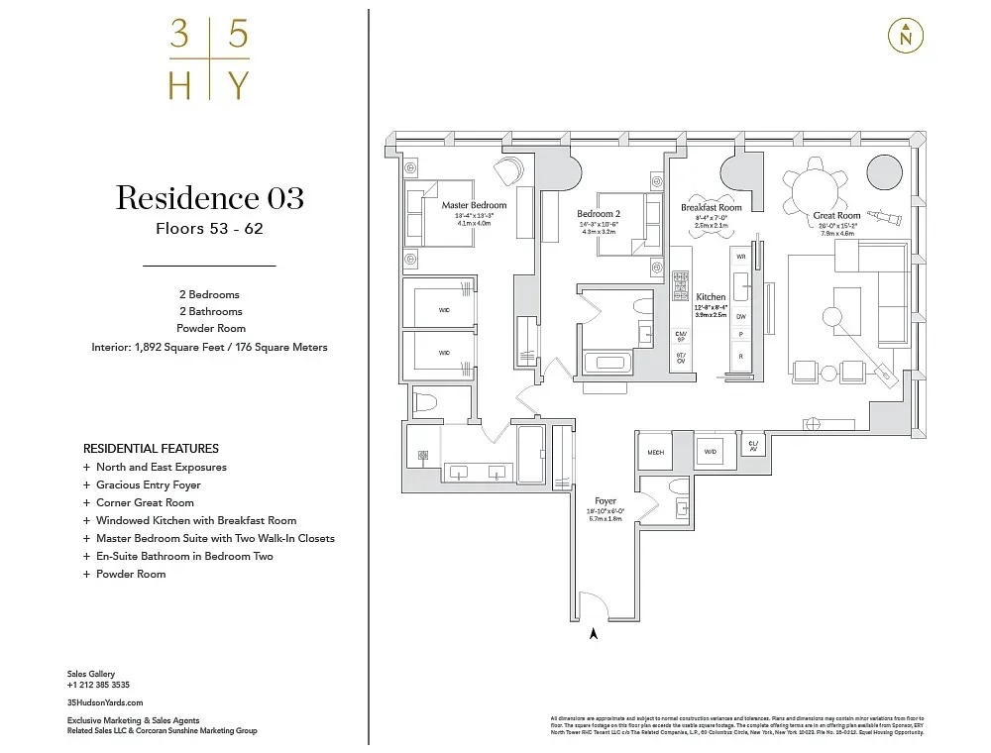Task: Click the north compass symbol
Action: (905, 36)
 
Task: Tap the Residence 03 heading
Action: (209, 197)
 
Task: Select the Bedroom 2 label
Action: (599, 213)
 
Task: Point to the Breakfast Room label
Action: (711, 208)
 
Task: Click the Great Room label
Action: (836, 215)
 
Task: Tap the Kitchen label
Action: (711, 296)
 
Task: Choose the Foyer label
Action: (605, 501)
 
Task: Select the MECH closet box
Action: (655, 452)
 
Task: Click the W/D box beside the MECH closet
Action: (710, 451)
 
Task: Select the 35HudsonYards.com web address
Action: (98, 701)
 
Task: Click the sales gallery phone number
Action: (98, 685)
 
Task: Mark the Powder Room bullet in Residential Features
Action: (130, 574)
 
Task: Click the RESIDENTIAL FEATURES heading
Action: (151, 448)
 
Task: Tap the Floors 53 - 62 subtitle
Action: (209, 229)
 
